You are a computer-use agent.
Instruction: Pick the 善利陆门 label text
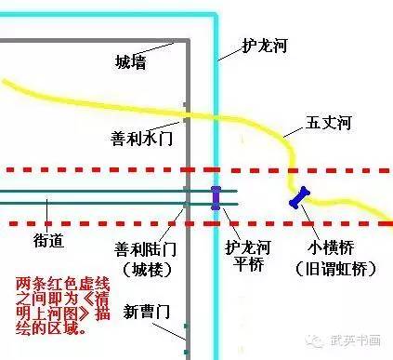142,250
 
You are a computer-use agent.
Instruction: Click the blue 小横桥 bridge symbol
299,197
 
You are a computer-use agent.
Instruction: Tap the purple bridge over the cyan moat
216,197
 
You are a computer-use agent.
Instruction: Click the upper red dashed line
93,170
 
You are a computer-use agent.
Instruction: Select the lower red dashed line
93,223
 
